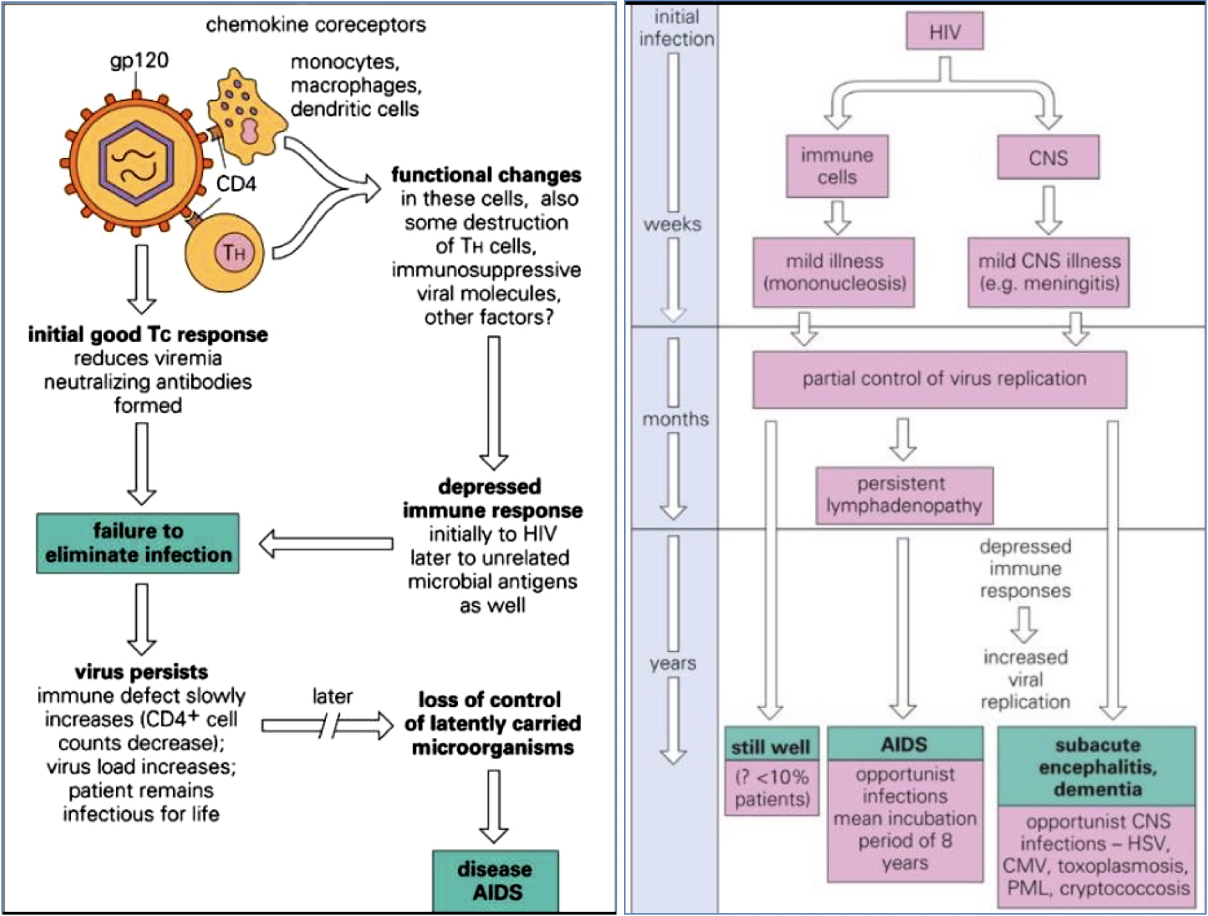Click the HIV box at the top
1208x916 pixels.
[945, 31]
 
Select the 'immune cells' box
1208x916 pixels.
[837, 166]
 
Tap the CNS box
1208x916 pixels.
[1048, 158]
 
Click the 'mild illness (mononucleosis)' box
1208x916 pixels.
[833, 272]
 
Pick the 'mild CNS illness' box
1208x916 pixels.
[1048, 272]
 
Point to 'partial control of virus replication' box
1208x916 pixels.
[940, 379]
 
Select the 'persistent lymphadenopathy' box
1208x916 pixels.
[904, 495]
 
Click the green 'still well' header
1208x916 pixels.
[771, 746]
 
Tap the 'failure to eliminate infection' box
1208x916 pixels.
[138, 543]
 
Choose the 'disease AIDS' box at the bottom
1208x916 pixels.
[495, 881]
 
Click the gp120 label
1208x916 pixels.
[139, 60]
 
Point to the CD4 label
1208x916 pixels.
[236, 183]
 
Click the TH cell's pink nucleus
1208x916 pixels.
[233, 252]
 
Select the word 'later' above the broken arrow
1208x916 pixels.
[332, 696]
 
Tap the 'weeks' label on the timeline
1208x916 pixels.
[672, 224]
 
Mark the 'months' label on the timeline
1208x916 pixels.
[675, 419]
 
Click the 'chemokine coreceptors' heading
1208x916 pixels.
[316, 24]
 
